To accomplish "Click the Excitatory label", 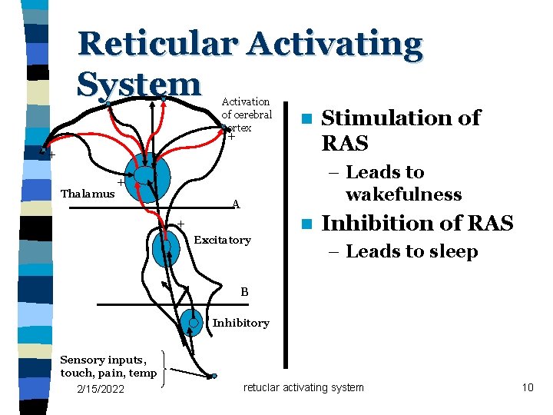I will click(x=222, y=241).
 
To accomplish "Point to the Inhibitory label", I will click(x=240, y=323).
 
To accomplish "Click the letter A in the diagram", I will click(x=237, y=204).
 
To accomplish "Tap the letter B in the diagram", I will click(x=244, y=292).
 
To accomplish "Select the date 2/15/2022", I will click(x=101, y=389).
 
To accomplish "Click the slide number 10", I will click(x=527, y=387).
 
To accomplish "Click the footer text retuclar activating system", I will click(x=303, y=387).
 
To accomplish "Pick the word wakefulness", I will click(x=403, y=194).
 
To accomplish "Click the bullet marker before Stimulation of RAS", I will click(x=306, y=120).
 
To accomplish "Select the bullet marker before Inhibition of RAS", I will click(x=306, y=225).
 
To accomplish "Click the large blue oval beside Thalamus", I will click(x=147, y=178).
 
